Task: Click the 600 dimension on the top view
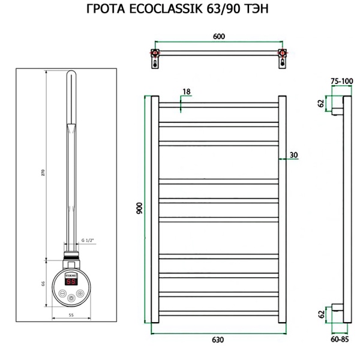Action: [x=219, y=37]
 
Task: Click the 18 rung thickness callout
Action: [x=186, y=91]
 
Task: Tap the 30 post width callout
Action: [x=293, y=155]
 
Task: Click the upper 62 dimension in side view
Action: [x=321, y=103]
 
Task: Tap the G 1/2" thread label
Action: [x=88, y=240]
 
